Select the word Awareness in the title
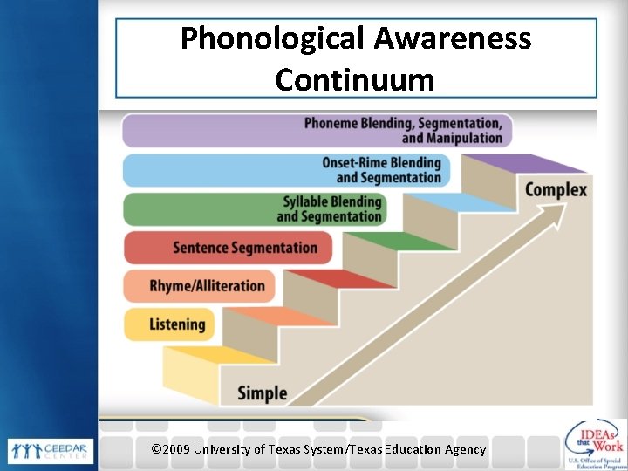tap(453, 38)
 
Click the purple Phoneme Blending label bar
tap(317, 130)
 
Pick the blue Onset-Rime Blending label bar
tap(283, 170)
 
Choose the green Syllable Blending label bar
tap(253, 209)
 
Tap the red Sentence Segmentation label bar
tap(228, 248)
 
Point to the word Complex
tap(556, 189)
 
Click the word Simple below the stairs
tap(262, 393)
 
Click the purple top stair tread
tap(523, 163)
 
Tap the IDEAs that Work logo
tap(595, 445)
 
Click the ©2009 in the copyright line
tap(172, 449)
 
